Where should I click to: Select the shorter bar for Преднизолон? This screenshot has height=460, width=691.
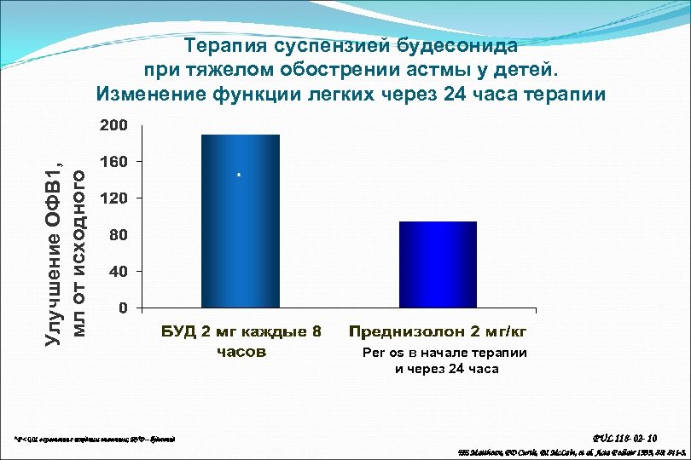(438, 263)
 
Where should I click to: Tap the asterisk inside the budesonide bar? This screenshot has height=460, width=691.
(240, 175)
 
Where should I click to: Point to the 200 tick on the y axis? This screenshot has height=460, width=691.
(113, 125)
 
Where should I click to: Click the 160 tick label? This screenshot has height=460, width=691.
(113, 161)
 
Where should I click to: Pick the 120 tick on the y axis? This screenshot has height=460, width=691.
(113, 198)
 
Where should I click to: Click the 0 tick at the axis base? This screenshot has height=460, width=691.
(122, 307)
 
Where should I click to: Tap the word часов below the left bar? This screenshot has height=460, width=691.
(241, 351)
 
